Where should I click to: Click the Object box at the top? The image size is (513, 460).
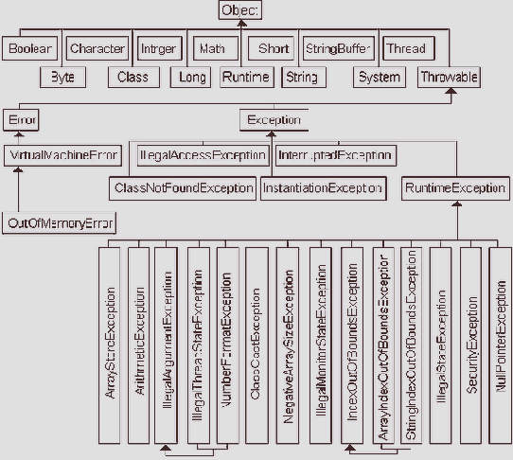click(240, 10)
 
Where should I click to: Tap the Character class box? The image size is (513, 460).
click(97, 48)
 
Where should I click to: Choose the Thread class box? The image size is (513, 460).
click(407, 48)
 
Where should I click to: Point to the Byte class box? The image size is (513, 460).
click(63, 77)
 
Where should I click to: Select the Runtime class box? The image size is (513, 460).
click(246, 77)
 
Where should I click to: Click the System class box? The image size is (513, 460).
click(379, 77)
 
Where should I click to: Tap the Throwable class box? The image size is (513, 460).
click(448, 77)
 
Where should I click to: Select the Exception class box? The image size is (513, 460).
click(273, 120)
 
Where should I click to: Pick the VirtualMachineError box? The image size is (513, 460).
click(63, 152)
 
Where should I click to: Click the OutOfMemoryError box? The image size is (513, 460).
click(60, 223)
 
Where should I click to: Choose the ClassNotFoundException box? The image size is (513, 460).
click(183, 188)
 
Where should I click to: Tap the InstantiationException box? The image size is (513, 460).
click(323, 188)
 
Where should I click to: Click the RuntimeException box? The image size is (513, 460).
click(454, 188)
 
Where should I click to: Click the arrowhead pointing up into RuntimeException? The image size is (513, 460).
click(454, 204)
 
